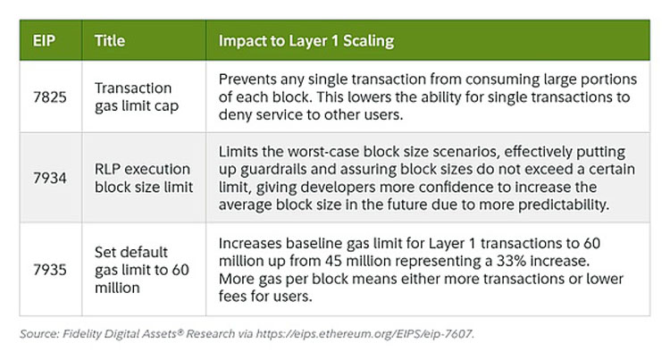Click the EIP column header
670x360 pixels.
[x=44, y=41]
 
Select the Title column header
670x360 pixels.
[x=110, y=41]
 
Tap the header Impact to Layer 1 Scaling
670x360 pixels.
[x=306, y=41]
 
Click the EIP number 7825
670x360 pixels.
[x=50, y=97]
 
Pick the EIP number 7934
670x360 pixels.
[x=50, y=178]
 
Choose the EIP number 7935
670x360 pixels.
[x=50, y=270]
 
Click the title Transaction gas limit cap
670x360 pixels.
[x=137, y=97]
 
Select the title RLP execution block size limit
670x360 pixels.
[x=144, y=178]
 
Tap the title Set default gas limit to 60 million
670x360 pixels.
[x=142, y=270]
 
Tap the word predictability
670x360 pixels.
[x=564, y=205]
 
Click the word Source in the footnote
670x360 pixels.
[x=39, y=333]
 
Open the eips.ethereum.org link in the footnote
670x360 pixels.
[x=364, y=334]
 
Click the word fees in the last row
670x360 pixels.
[x=233, y=296]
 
